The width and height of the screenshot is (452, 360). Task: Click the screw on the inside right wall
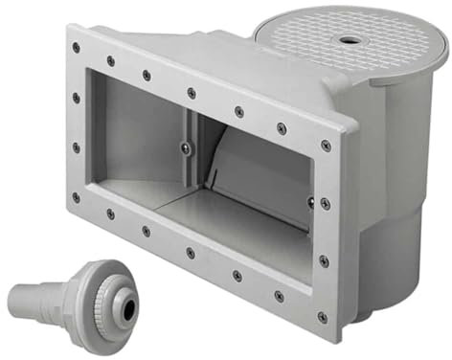click(310, 201)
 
